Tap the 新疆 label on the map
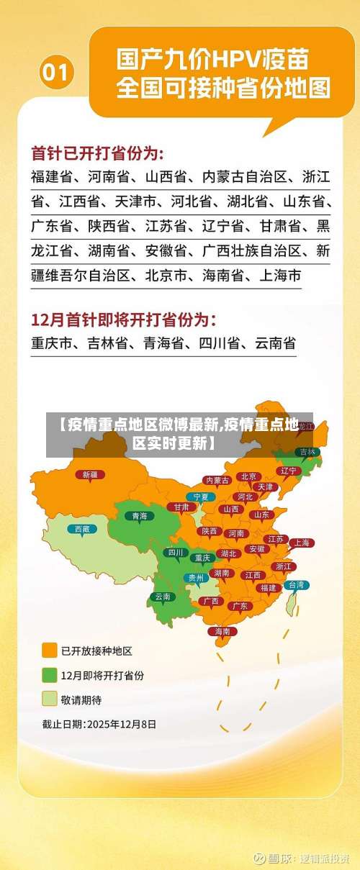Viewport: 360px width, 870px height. (90, 474)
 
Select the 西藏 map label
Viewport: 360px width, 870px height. (82, 529)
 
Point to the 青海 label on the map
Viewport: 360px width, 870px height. (140, 515)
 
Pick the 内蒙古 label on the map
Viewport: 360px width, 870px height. (217, 480)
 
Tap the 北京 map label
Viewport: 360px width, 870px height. (249, 476)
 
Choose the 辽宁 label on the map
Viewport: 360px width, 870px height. (289, 470)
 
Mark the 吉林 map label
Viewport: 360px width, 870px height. (307, 452)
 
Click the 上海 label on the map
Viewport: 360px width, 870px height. (302, 543)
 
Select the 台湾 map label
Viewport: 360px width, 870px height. (296, 585)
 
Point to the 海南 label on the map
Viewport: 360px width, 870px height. (221, 631)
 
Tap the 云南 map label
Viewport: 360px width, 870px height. (163, 596)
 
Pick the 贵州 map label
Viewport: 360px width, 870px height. (196, 577)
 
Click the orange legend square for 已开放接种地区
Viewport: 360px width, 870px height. (50, 651)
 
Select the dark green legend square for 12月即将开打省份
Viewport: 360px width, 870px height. (50, 675)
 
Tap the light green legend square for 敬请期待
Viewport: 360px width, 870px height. (50, 699)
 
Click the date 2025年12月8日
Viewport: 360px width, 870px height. (121, 725)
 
